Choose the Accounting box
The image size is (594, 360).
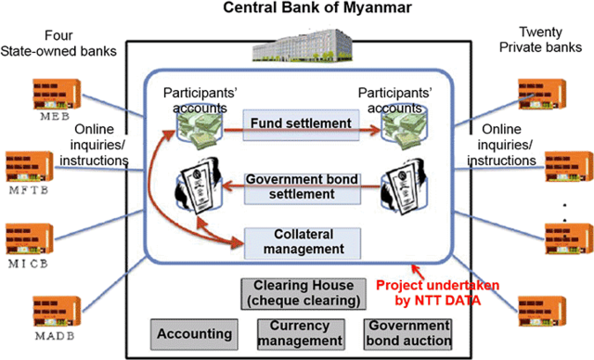tap(194, 333)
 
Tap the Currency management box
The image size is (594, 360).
tap(301, 333)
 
